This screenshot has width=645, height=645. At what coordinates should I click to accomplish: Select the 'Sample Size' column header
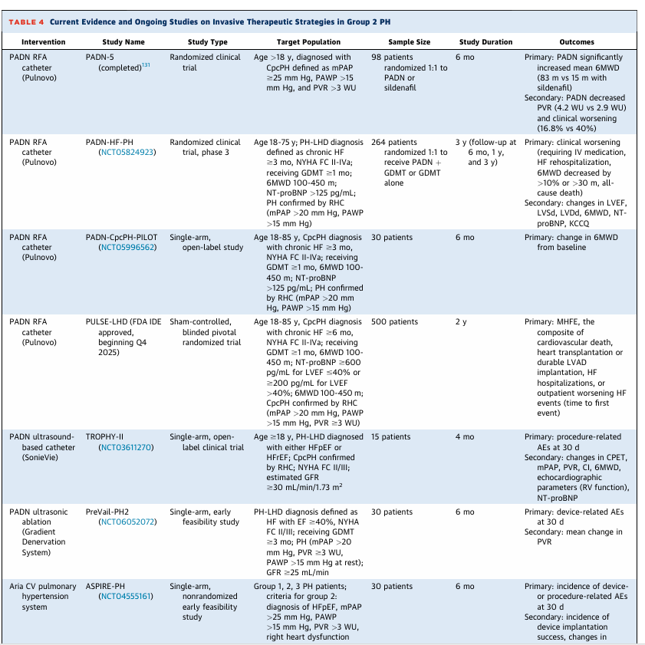click(x=409, y=41)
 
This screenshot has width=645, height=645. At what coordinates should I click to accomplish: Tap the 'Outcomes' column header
click(x=577, y=41)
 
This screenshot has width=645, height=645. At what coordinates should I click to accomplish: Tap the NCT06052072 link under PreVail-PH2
click(x=127, y=522)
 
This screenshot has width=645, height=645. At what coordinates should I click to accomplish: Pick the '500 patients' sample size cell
click(x=395, y=322)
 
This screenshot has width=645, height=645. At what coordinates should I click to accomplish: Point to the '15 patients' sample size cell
click(x=391, y=437)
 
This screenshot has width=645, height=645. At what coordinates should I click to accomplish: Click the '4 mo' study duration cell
click(x=464, y=437)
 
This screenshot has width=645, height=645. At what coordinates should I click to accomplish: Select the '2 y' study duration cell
click(x=460, y=322)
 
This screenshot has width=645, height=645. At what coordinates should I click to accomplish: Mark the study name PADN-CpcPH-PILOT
click(x=122, y=237)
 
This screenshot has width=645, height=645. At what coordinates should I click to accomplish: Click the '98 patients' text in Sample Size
click(x=392, y=57)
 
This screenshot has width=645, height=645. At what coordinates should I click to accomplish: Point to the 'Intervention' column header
click(x=43, y=41)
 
